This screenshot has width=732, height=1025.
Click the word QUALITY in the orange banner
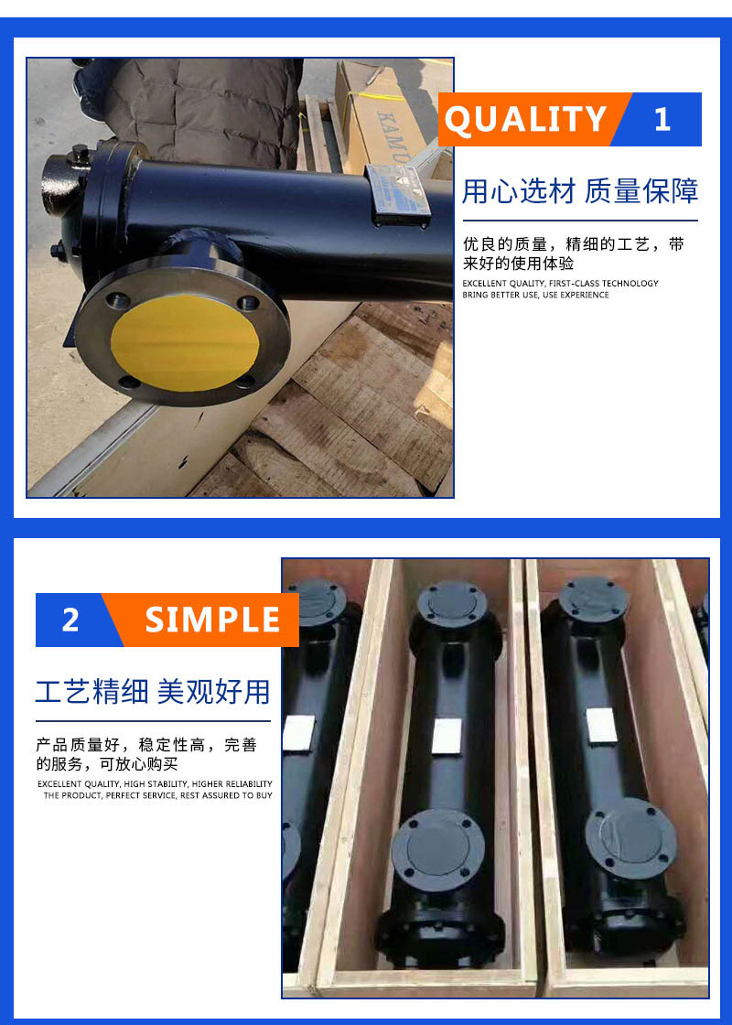tap(525, 120)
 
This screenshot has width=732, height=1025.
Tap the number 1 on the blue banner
tap(662, 120)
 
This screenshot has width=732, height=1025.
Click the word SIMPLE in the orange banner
tap(212, 620)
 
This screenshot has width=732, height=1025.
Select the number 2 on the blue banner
tap(70, 620)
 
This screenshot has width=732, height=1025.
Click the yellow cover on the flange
tap(185, 342)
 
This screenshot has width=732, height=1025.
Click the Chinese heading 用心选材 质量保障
tap(580, 191)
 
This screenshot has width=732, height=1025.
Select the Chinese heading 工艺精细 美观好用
tap(153, 692)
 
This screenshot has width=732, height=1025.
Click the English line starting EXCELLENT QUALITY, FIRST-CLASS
tap(560, 283)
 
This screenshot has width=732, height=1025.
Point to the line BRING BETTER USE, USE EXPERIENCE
tap(535, 295)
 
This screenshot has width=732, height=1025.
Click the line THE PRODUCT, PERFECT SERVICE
tap(157, 795)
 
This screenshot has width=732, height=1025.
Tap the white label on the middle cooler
tap(447, 736)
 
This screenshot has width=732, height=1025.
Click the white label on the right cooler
tap(601, 726)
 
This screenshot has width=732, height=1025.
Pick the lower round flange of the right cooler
tap(630, 837)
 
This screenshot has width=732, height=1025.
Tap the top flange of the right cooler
tap(594, 599)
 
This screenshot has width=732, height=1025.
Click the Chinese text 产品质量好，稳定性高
tap(121, 745)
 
